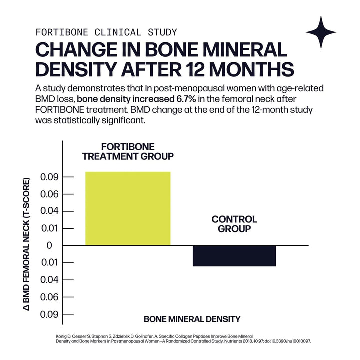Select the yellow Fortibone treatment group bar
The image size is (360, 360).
point(128,208)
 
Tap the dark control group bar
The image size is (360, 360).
point(234,255)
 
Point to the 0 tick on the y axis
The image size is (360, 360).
point(49,245)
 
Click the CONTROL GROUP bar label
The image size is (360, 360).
point(234,224)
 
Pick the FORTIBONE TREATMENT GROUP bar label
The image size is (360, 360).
point(128,151)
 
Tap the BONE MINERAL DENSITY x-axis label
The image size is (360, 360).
point(192,319)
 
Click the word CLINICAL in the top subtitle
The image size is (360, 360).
point(110,32)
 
